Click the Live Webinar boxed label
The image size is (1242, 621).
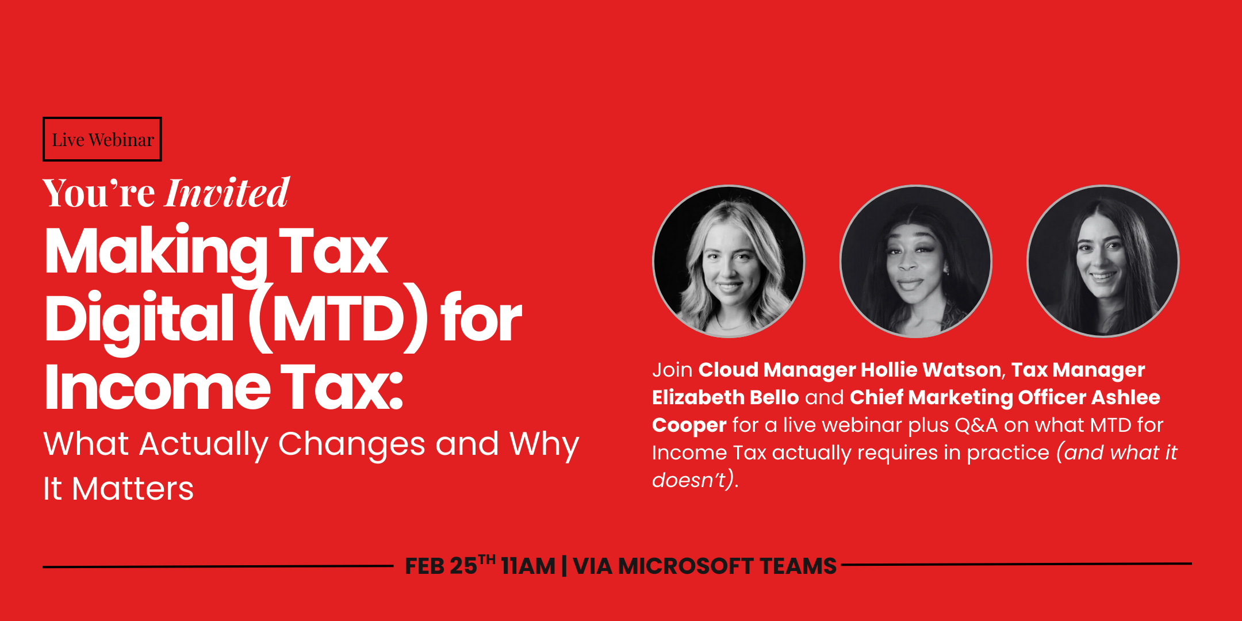[x=102, y=139]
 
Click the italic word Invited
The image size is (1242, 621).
[x=227, y=193]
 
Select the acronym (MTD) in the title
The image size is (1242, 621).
[x=338, y=318]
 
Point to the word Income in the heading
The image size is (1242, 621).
[x=158, y=387]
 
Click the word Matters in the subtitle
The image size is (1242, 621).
[x=133, y=489]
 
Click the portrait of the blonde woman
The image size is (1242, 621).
[x=729, y=261]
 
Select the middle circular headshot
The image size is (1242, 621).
[x=916, y=261]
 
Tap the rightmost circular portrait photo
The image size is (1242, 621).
[x=1103, y=261]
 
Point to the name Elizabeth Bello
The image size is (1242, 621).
[x=726, y=397]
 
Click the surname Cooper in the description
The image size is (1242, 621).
[x=689, y=425]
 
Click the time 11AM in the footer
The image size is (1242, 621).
[x=528, y=566]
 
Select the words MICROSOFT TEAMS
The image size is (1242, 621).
[x=727, y=566]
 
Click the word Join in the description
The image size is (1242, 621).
[x=672, y=370]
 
